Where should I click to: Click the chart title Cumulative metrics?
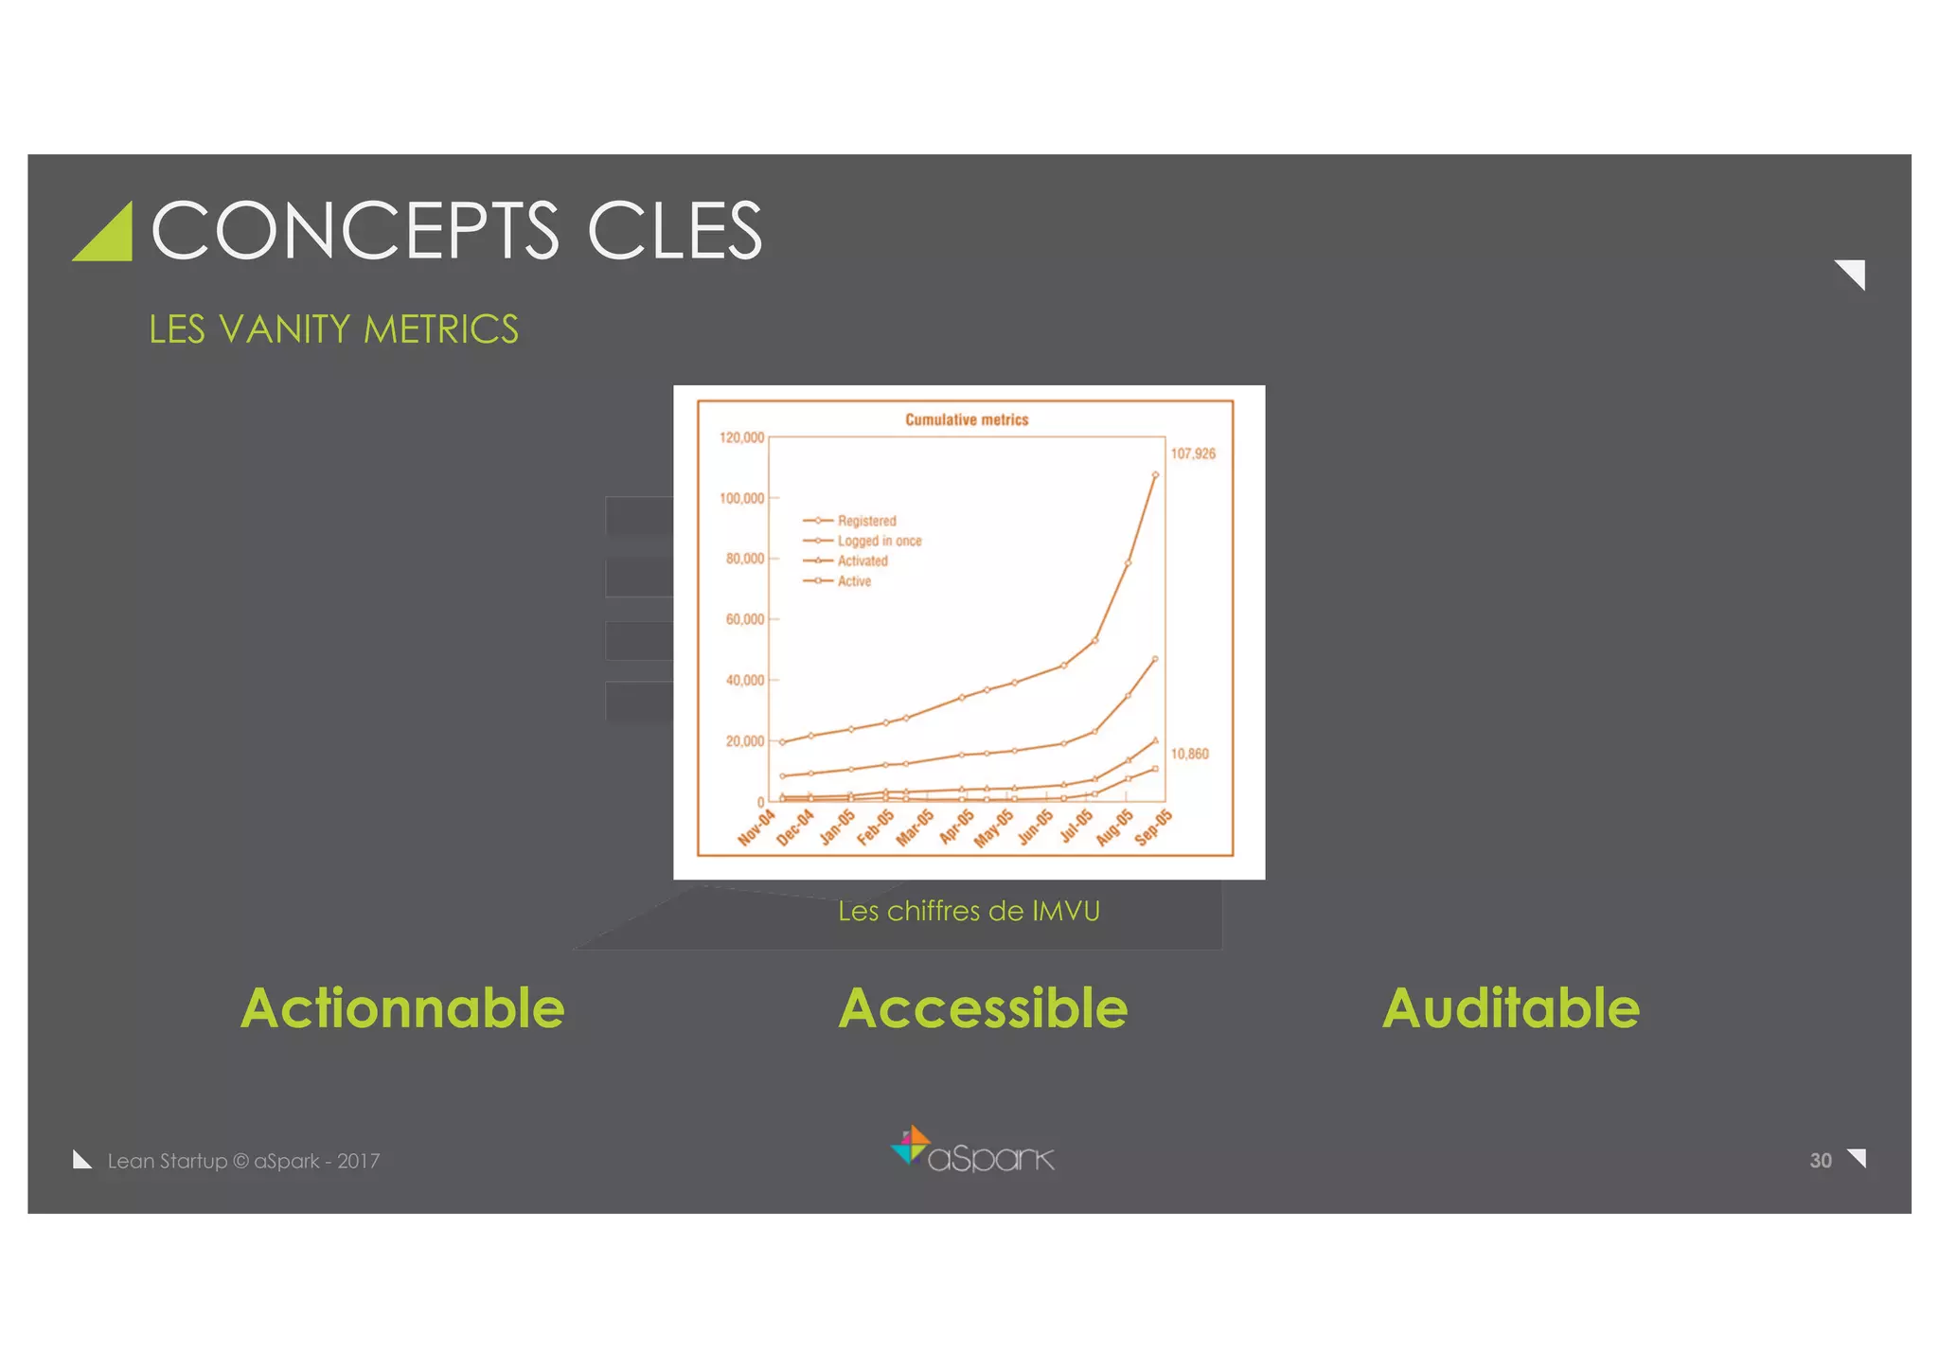(966, 419)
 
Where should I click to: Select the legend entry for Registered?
(865, 521)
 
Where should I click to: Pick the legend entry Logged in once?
(878, 541)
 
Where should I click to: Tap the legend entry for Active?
(853, 581)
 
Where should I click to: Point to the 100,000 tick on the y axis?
(741, 498)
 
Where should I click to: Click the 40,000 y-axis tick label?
(744, 680)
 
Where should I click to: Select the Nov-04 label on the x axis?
(756, 827)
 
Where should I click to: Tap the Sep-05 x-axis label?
(1153, 827)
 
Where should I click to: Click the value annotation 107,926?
(1192, 454)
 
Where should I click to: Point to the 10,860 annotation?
(1189, 754)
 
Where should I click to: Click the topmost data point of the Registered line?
(1155, 474)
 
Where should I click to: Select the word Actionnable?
(402, 1007)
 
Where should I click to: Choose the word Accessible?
(983, 1007)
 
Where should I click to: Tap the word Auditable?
(1510, 1007)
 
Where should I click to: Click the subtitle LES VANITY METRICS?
(333, 329)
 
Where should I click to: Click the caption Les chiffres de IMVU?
(969, 911)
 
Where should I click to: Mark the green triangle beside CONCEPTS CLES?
(107, 235)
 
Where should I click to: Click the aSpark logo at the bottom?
(972, 1150)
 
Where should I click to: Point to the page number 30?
(1820, 1161)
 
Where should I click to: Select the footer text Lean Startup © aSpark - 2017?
(243, 1161)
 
